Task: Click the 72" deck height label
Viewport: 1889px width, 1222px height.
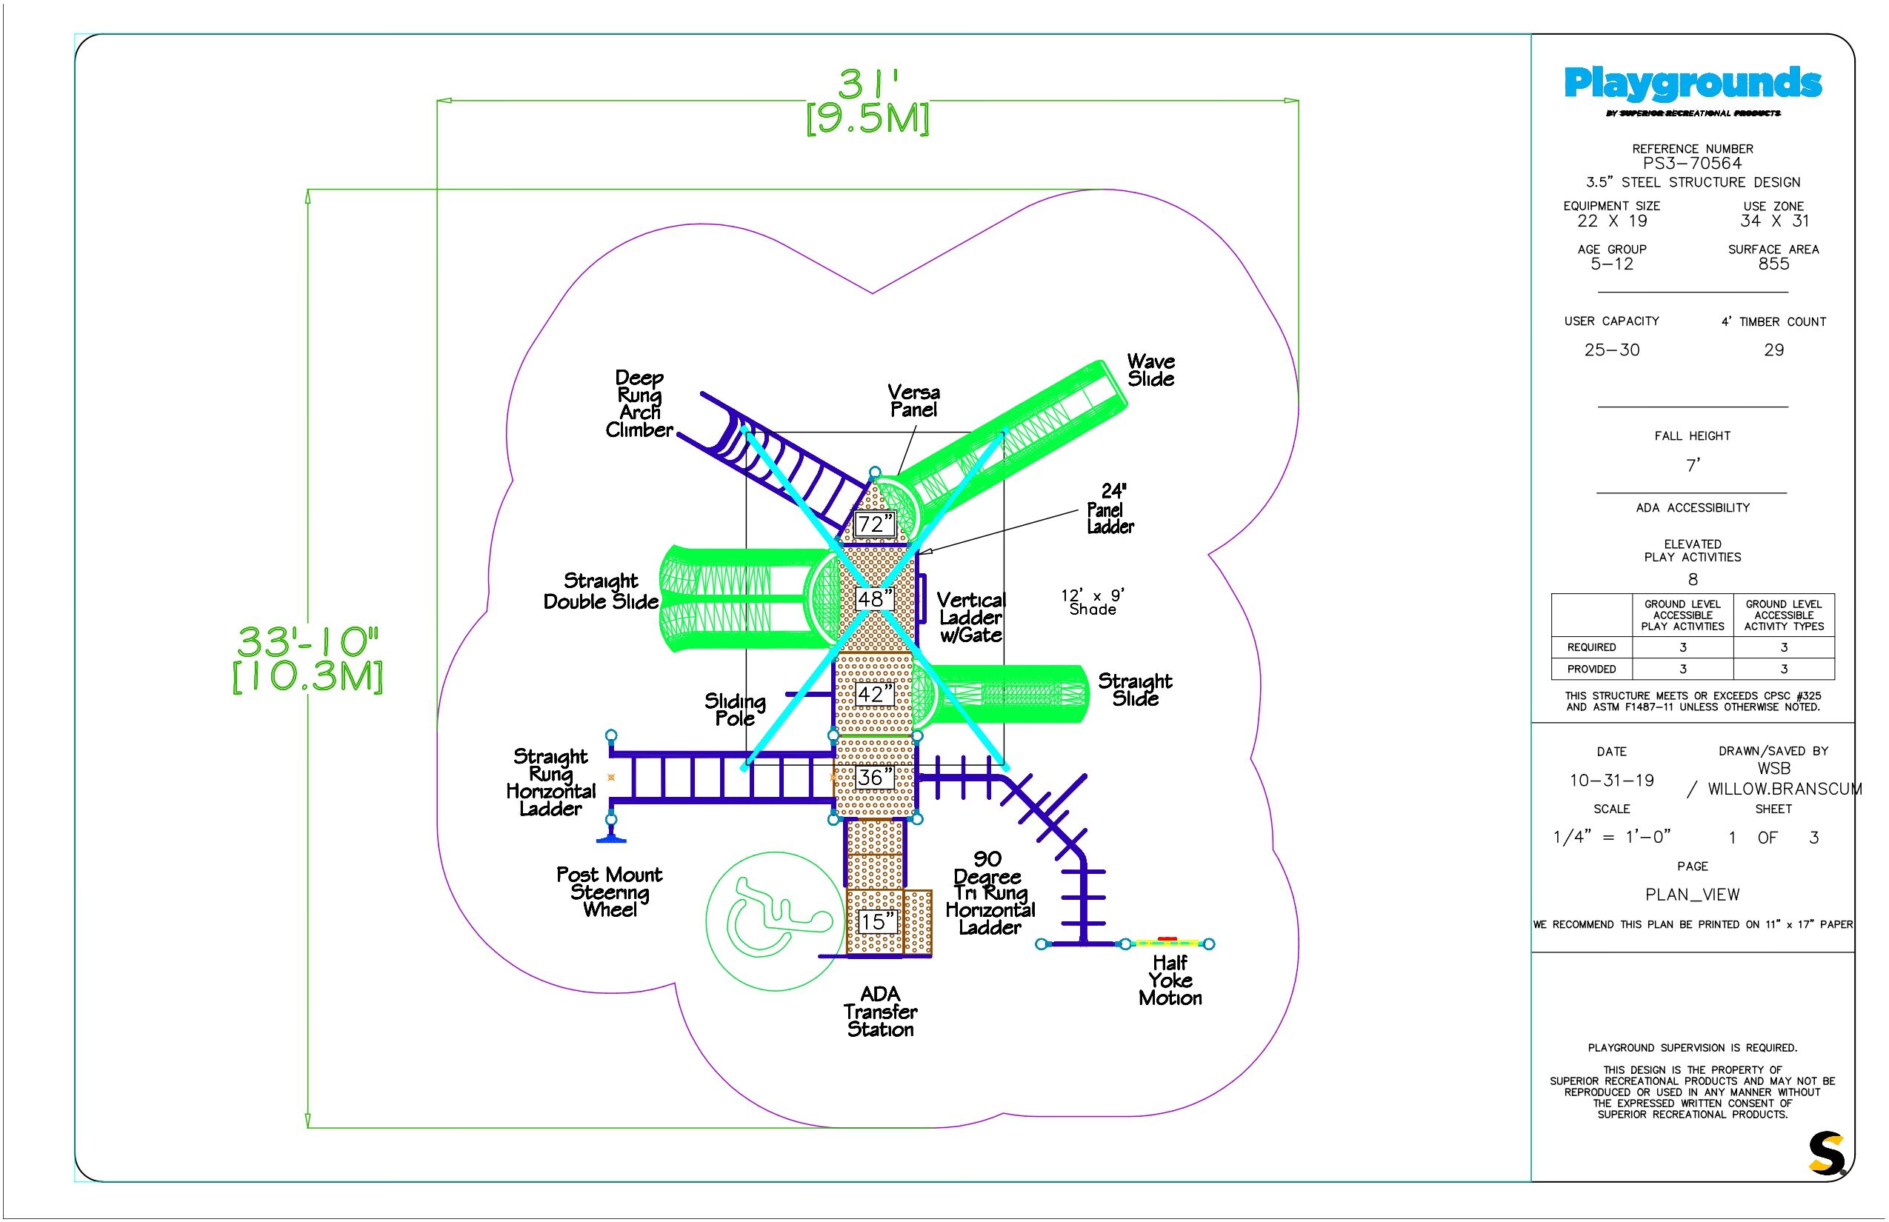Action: pos(874,524)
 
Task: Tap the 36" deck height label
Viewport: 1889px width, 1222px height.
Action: pos(874,778)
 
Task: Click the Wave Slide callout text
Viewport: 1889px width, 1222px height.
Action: pos(1151,370)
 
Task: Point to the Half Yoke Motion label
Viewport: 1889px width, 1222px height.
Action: pos(1170,981)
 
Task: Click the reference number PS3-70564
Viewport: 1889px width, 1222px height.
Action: pos(1692,164)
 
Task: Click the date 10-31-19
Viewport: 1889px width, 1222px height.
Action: pos(1611,781)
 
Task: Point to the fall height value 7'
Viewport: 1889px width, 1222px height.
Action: pos(1693,465)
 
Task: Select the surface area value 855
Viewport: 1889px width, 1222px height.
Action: pos(1774,264)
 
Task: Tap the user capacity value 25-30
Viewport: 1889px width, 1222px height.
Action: pos(1611,350)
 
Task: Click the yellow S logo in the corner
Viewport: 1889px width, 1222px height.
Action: pos(1826,1153)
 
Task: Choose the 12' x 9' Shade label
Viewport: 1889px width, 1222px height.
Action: pos(1092,602)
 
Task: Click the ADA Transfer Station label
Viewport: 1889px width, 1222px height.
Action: pos(880,1012)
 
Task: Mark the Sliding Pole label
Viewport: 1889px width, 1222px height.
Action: pos(735,710)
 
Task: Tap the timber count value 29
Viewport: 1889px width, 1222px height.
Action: pos(1774,350)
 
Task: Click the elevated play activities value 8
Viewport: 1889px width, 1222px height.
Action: pos(1693,580)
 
